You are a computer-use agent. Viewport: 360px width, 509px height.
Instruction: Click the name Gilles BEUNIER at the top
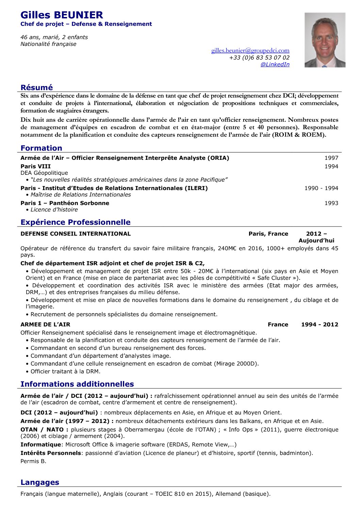[x=62, y=15]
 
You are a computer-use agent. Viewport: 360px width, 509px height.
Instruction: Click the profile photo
[x=325, y=40]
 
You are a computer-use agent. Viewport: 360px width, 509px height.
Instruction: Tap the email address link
[x=250, y=51]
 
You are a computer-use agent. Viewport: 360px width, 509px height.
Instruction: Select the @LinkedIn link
[x=275, y=65]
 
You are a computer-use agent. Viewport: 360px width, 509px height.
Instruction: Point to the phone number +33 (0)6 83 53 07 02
[x=259, y=58]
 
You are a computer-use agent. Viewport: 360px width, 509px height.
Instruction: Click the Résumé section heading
[x=37, y=88]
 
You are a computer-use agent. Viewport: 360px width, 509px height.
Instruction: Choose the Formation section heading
[x=41, y=148]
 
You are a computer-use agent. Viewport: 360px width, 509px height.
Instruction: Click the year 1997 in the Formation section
[x=331, y=158]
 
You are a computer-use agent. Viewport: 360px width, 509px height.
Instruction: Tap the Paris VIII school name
[x=35, y=166]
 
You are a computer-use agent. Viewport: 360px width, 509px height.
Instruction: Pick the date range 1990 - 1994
[x=321, y=188]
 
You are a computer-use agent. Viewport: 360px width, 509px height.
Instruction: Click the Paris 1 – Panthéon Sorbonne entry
[x=65, y=203]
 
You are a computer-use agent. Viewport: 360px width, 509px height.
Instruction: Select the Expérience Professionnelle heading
[x=75, y=222]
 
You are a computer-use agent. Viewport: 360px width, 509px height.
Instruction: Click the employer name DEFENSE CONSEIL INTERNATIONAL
[x=76, y=234]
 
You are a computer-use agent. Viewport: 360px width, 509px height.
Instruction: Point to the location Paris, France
[x=268, y=234]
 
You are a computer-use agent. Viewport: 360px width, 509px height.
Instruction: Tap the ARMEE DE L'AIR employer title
[x=45, y=324]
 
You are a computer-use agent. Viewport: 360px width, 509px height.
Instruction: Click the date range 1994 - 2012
[x=320, y=324]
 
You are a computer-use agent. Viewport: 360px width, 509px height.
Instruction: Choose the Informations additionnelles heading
[x=77, y=384]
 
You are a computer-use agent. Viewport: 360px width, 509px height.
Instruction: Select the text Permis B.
[x=33, y=461]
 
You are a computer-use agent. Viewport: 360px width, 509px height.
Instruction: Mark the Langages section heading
[x=40, y=482]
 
